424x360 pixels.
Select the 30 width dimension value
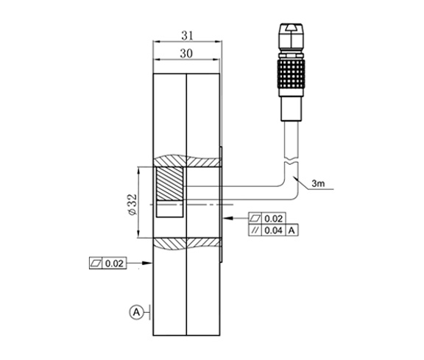[x=186, y=54]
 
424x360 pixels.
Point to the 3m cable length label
[x=318, y=184]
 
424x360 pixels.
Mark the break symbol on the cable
[x=289, y=159]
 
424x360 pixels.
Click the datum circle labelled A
[x=136, y=312]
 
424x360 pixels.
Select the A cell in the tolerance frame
[x=293, y=231]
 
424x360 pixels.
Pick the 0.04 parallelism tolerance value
[x=274, y=231]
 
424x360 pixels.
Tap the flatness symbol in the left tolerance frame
[x=96, y=262]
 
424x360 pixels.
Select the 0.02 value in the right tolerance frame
[x=274, y=219]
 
